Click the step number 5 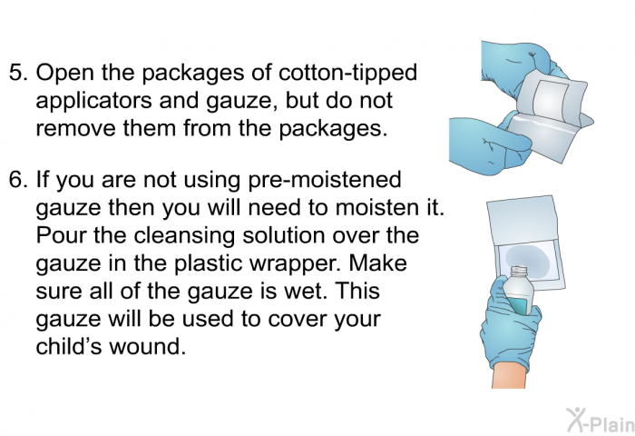point(18,73)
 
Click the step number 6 point(18,180)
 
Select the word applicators point(94,102)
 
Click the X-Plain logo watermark point(601,420)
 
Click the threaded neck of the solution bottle point(518,271)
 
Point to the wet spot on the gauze point(527,261)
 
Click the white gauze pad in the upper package point(551,99)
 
